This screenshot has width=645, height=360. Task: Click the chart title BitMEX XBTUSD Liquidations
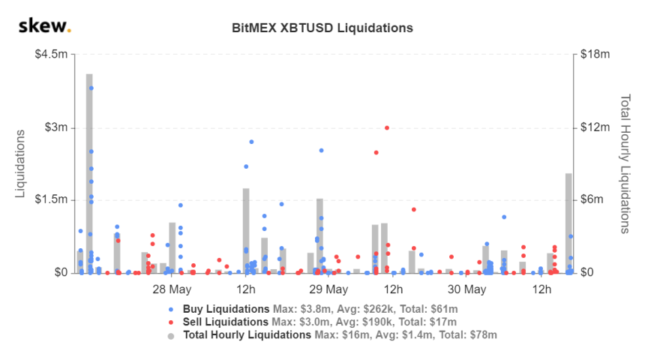(x=322, y=28)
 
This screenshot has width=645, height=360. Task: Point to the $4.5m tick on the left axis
(x=51, y=55)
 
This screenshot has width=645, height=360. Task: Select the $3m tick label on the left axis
(x=55, y=127)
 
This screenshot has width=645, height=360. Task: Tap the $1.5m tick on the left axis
(x=51, y=200)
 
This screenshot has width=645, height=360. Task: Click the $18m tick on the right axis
(x=595, y=55)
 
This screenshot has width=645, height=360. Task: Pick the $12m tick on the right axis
(x=595, y=127)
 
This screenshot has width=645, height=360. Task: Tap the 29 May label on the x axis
(x=328, y=289)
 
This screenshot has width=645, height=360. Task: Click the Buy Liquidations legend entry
(x=226, y=309)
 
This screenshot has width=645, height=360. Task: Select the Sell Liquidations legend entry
(x=226, y=322)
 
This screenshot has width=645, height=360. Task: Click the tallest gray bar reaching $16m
(x=89, y=172)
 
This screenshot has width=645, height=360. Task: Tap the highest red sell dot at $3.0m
(x=387, y=127)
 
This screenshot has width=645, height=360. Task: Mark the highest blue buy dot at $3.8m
(x=91, y=88)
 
